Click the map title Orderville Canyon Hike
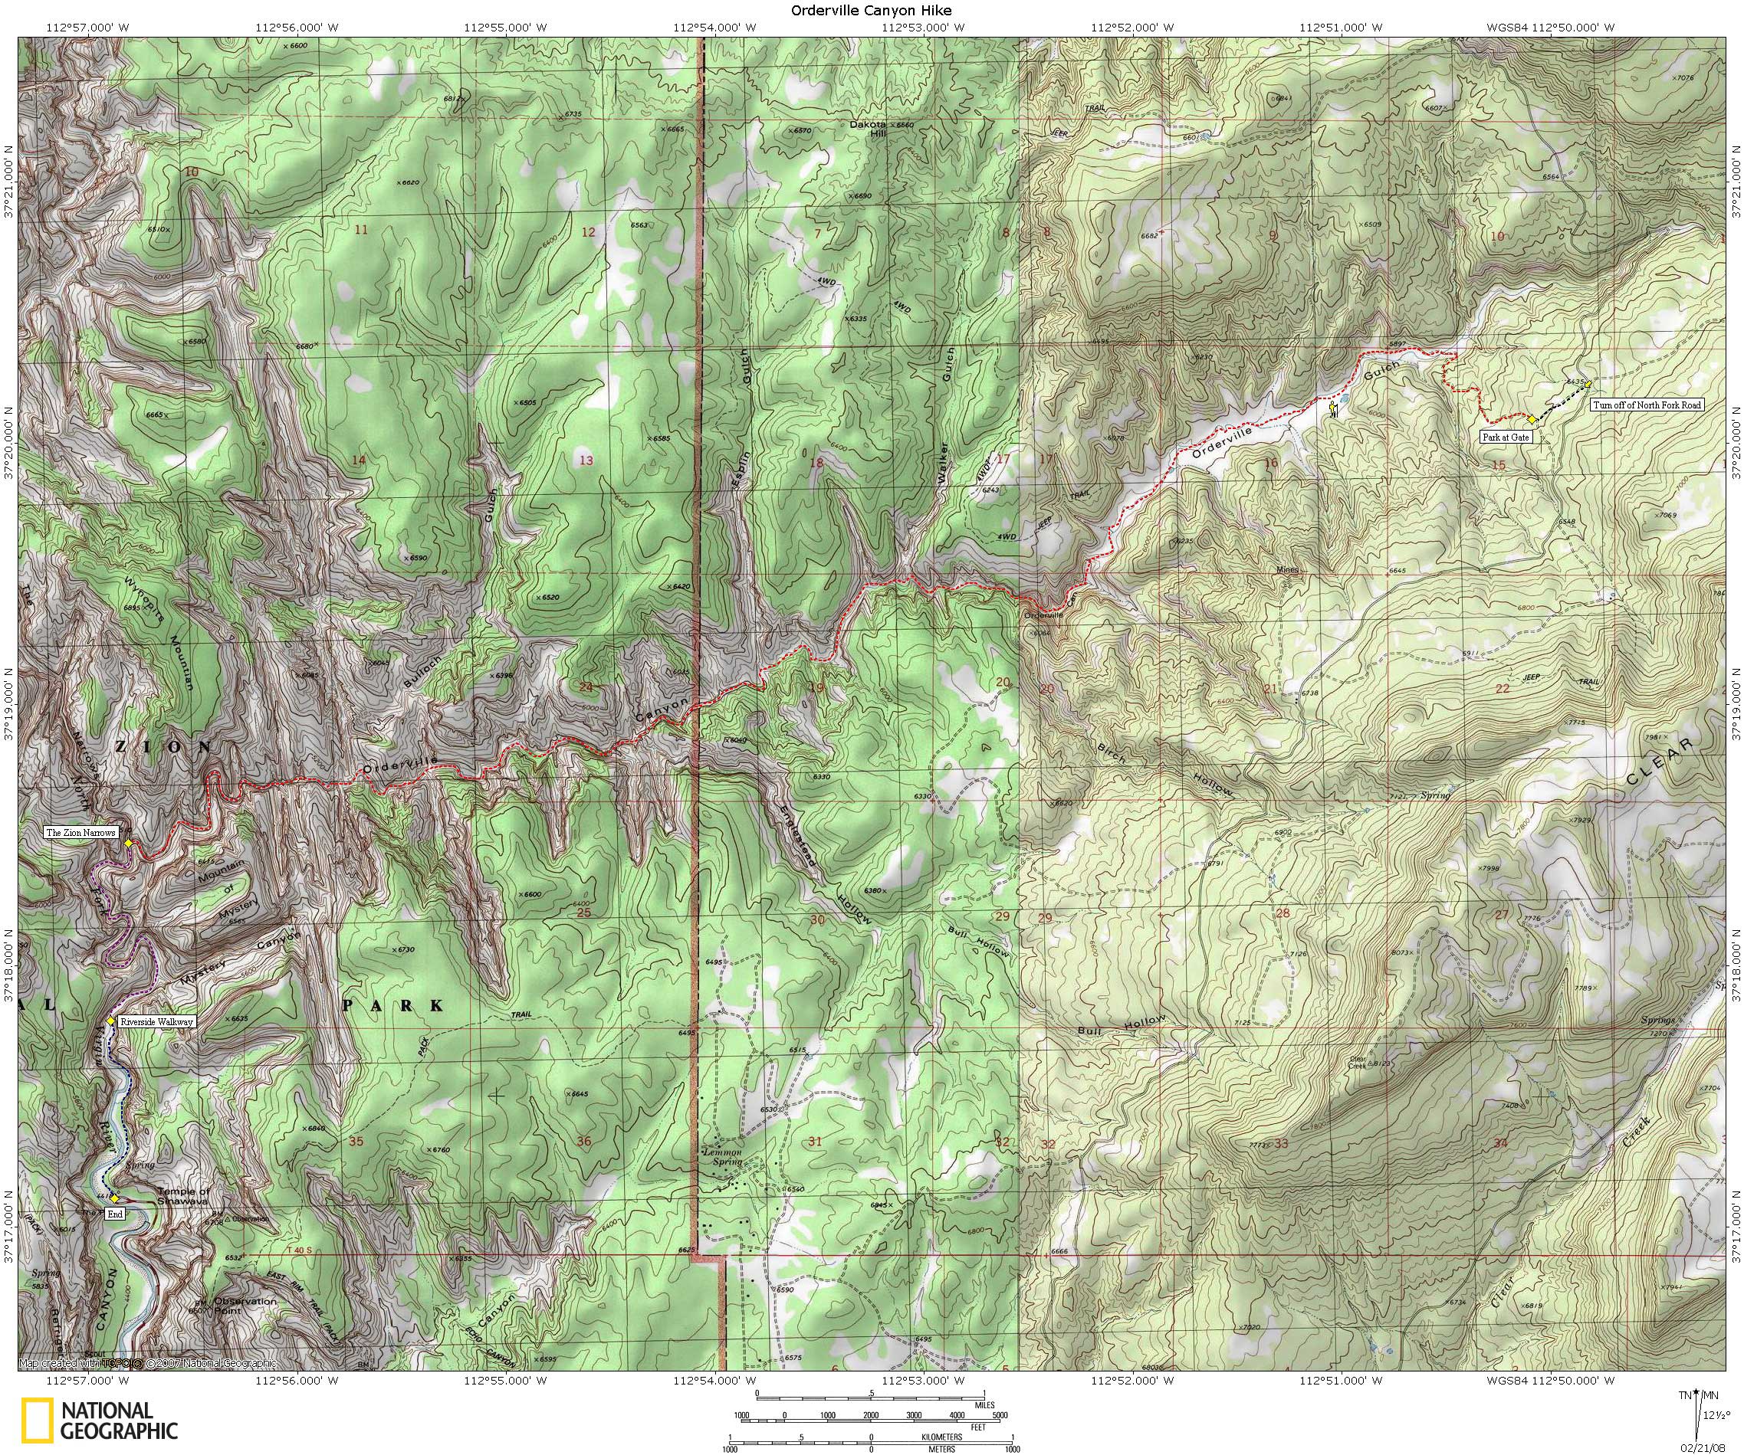[x=871, y=11]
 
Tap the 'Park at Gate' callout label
[x=1505, y=437]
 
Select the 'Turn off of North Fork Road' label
[x=1647, y=405]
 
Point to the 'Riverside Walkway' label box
[x=156, y=1022]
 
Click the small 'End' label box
[x=116, y=1214]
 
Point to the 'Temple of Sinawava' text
[x=184, y=1196]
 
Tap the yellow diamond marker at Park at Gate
[x=1532, y=419]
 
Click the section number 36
[x=584, y=1142]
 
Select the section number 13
[x=586, y=460]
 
